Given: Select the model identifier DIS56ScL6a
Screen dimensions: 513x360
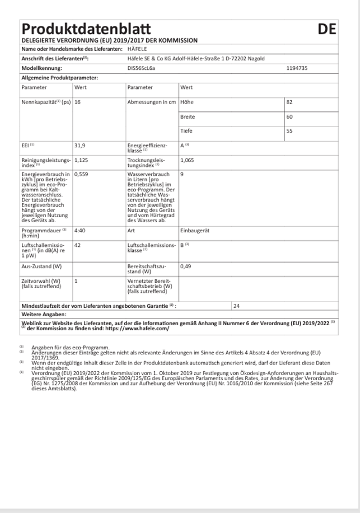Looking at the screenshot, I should coord(142,67).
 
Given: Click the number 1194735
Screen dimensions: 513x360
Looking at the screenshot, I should coord(297,67).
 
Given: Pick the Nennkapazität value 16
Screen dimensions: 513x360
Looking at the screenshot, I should coord(78,102).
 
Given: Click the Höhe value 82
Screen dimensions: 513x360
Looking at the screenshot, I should coord(290,102).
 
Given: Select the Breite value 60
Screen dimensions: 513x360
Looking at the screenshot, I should coord(290,116).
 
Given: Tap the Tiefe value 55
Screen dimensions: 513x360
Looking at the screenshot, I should coord(290,130).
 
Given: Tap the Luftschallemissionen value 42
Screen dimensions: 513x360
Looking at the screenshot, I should coord(78,245).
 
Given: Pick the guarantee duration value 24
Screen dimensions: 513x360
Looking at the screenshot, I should coord(236,306).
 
